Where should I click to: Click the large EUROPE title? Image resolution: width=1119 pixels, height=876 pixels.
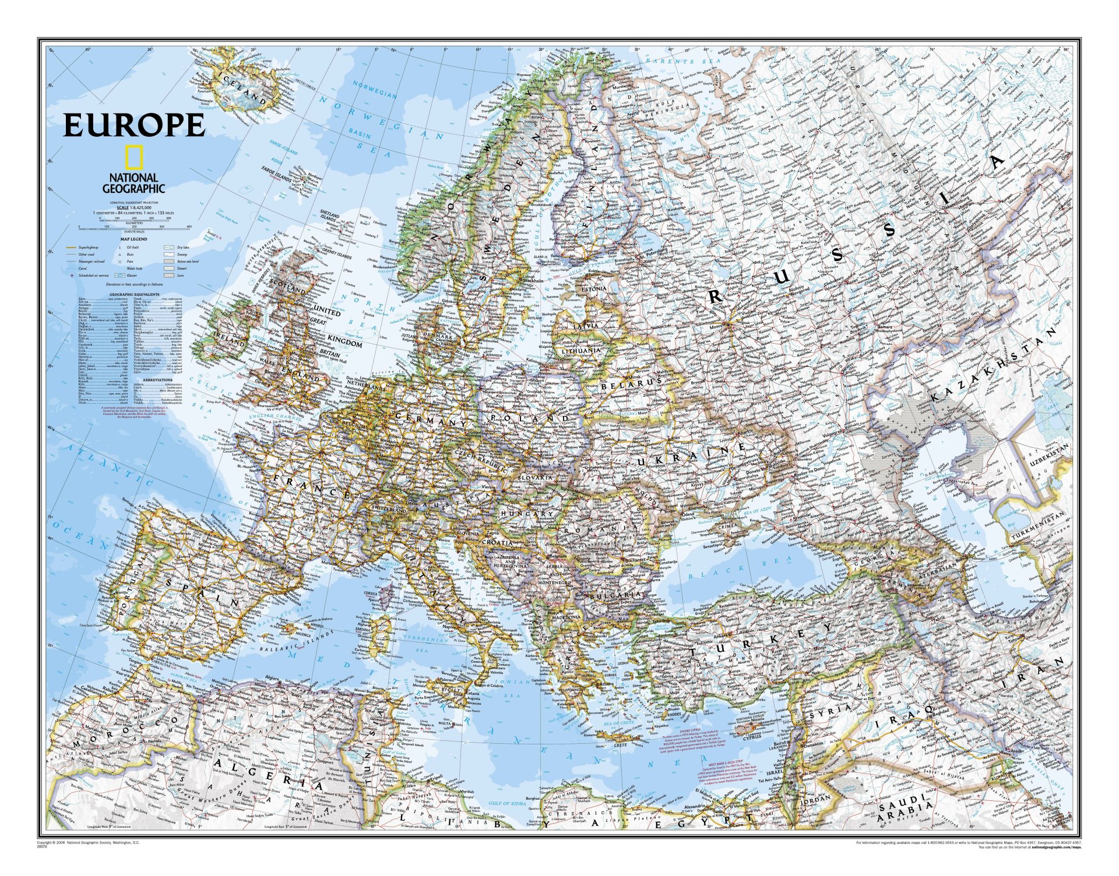(x=134, y=124)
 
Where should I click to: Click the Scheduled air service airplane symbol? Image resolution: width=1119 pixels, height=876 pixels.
(x=72, y=275)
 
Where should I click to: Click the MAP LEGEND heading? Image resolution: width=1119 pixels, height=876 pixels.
(x=134, y=239)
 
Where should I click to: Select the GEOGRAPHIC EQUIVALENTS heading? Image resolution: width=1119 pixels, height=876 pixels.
(x=133, y=295)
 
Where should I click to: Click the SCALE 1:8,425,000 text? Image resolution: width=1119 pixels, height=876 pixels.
(x=134, y=207)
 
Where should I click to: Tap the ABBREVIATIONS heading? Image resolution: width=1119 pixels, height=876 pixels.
(x=157, y=379)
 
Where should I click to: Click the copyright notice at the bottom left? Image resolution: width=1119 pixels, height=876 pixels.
(x=87, y=843)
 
